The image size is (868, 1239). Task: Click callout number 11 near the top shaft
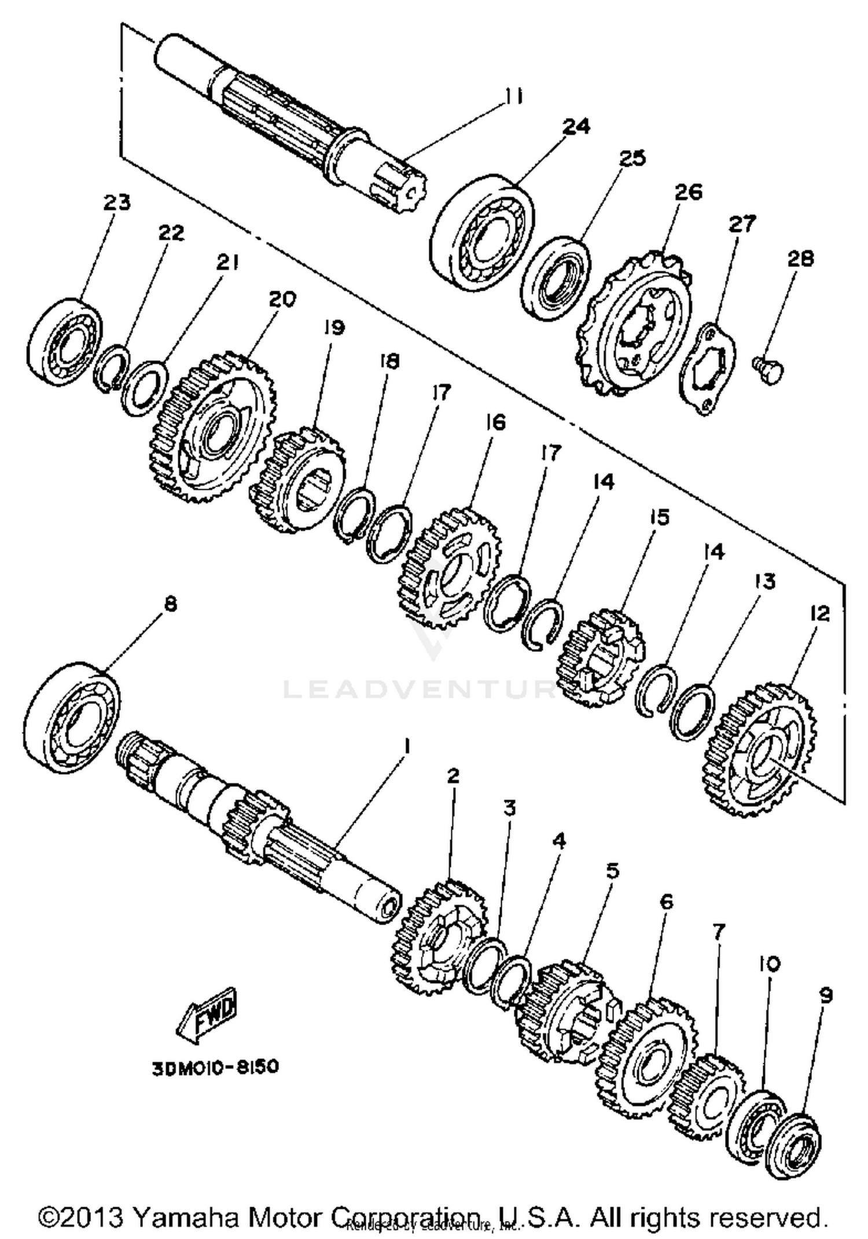point(512,97)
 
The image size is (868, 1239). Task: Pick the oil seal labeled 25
point(556,277)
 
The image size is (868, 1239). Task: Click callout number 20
point(282,299)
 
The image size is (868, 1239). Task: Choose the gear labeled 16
point(450,568)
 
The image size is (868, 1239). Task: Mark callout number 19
point(334,328)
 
